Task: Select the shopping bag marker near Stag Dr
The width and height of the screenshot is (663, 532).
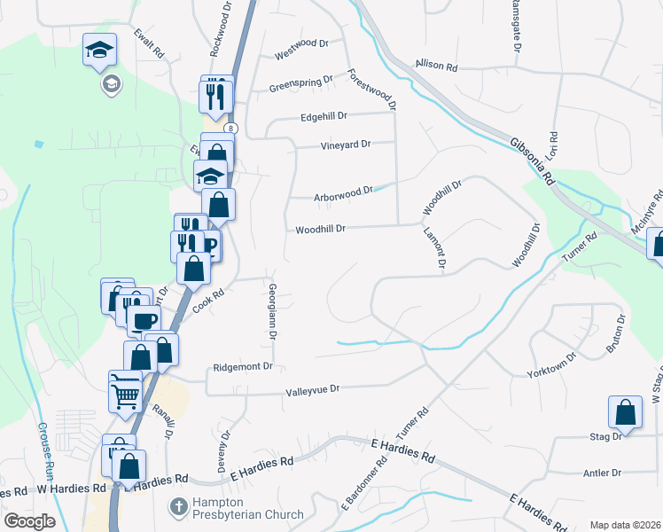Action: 626,412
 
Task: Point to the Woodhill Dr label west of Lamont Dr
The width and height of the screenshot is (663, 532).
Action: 320,228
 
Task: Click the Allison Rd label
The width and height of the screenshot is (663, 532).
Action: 435,66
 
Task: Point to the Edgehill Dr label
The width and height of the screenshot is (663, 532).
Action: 324,115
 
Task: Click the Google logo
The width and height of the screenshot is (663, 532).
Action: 29,520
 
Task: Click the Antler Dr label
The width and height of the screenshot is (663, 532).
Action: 603,473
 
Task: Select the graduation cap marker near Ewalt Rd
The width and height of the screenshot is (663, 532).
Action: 100,49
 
